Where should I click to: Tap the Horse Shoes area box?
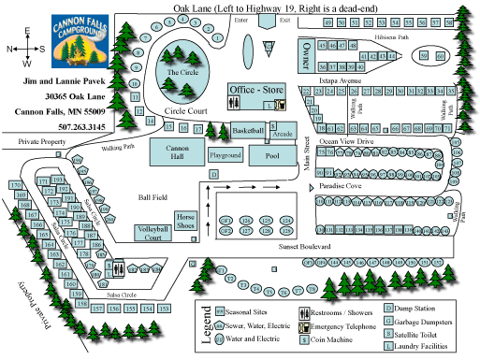[x=184, y=221]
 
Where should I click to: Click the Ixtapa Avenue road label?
[x=336, y=82]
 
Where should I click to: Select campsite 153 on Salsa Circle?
[x=164, y=308]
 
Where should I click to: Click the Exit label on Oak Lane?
[x=284, y=18]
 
